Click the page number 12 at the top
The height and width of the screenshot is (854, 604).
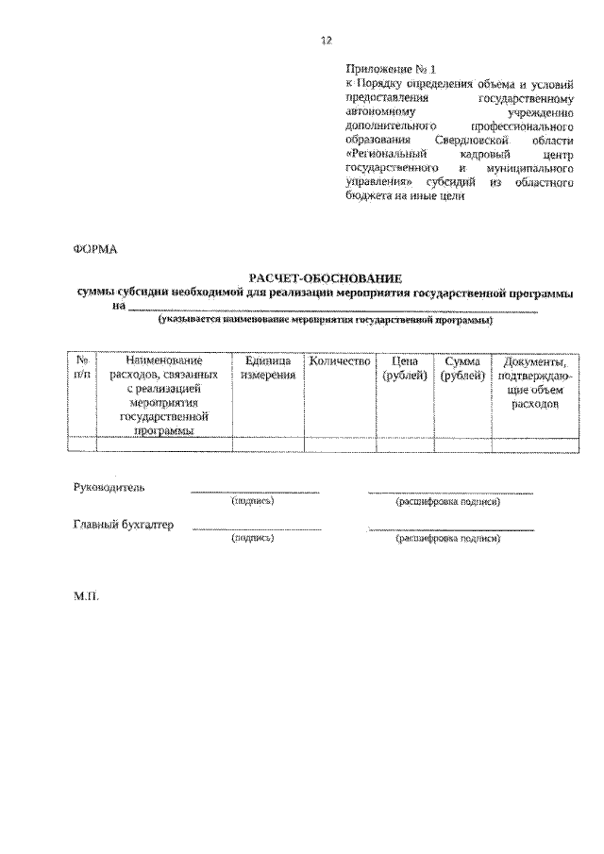[x=327, y=40]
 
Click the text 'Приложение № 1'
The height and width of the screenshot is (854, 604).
[x=389, y=69]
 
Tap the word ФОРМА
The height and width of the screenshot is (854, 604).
[x=93, y=249]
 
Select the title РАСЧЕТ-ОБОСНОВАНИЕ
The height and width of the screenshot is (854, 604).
[x=326, y=278]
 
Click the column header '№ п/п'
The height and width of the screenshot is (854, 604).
[x=82, y=368]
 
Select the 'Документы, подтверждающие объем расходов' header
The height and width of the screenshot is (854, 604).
[x=535, y=382]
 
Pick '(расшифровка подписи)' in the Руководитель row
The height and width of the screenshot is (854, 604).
[x=448, y=502]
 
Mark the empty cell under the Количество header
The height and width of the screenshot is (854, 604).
[x=337, y=444]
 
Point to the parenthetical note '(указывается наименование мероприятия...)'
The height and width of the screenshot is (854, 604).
[x=326, y=321]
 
